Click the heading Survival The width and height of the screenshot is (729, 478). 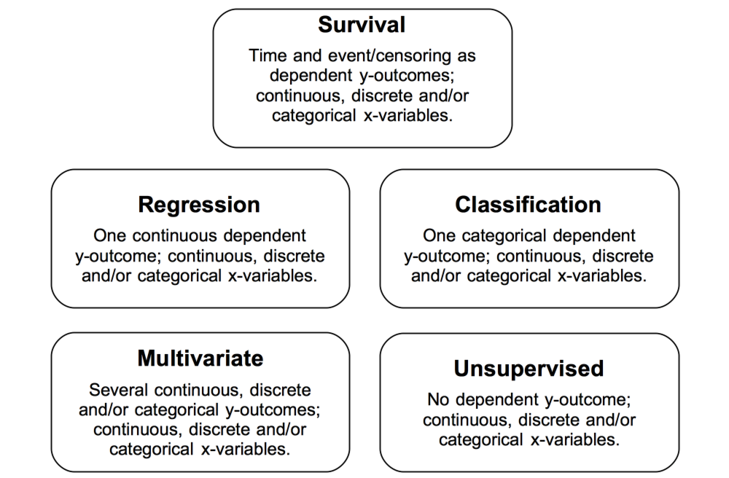[x=362, y=25]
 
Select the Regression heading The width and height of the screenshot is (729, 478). [x=199, y=205]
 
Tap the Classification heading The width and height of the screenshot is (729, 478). [x=528, y=205]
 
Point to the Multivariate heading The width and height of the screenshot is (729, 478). [x=200, y=358]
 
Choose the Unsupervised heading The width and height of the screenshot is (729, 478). [x=529, y=369]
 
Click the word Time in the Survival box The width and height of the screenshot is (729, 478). [x=268, y=56]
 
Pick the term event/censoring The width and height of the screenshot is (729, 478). [x=389, y=56]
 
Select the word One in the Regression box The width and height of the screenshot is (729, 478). [x=110, y=235]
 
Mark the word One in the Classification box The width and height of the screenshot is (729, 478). [x=439, y=235]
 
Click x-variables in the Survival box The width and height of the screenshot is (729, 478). [x=408, y=116]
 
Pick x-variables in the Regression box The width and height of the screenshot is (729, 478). [x=273, y=276]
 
